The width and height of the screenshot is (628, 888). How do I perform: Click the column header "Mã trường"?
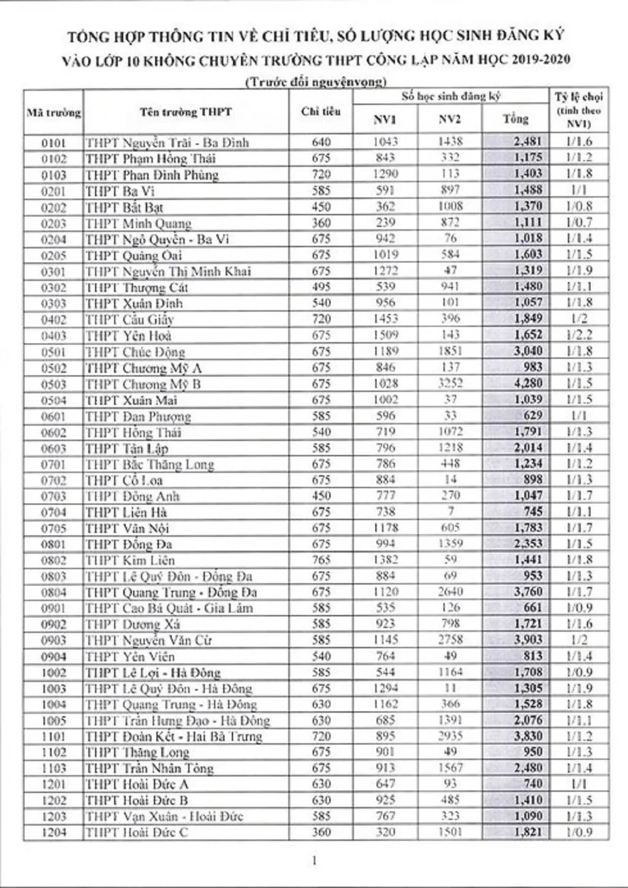(53, 114)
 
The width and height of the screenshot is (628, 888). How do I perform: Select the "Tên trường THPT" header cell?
(186, 112)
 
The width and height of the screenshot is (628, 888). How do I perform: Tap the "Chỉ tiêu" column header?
(321, 112)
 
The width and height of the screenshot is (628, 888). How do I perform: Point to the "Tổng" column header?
(515, 119)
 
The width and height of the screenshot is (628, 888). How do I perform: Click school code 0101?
(53, 143)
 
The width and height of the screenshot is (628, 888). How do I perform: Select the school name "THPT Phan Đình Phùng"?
(152, 175)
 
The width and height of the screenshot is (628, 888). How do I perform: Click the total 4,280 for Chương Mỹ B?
(526, 384)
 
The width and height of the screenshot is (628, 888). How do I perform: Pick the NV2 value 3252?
(450, 384)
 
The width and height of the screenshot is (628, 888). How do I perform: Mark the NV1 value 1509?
(385, 335)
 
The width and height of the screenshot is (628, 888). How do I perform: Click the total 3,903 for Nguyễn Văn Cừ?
(526, 641)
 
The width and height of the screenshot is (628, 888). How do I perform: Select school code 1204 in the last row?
(53, 833)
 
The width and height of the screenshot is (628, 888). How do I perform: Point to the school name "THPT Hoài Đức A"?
(137, 784)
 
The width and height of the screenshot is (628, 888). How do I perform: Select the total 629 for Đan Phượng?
(531, 416)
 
